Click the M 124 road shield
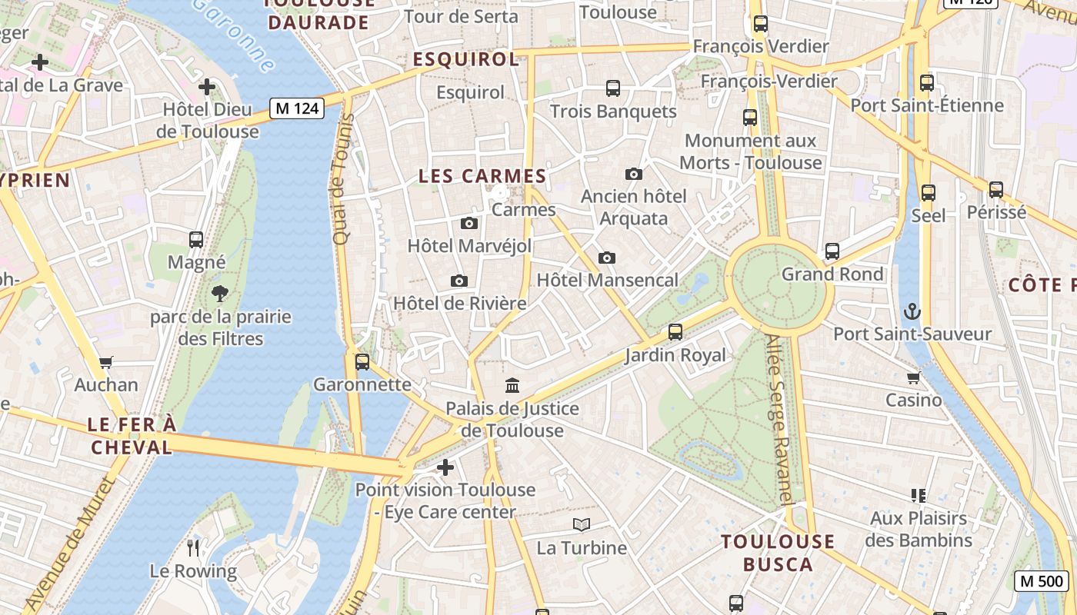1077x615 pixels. [x=296, y=108]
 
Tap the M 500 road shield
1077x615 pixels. [x=1042, y=581]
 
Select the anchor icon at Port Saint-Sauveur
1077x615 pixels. [x=912, y=311]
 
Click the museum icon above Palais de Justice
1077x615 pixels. [x=512, y=385]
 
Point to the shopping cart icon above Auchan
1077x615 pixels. [x=106, y=362]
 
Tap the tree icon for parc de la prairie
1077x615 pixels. [x=220, y=293]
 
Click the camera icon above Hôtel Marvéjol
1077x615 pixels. [x=468, y=224]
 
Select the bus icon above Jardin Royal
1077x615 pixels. [x=675, y=332]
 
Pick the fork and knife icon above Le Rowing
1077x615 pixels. [x=193, y=548]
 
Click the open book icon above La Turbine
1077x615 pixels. [x=582, y=525]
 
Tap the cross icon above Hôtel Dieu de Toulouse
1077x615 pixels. [x=206, y=87]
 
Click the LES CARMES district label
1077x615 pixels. [x=482, y=176]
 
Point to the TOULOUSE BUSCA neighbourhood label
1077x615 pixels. [x=778, y=553]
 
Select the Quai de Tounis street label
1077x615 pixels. [x=342, y=179]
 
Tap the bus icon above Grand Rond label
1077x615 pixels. [x=832, y=251]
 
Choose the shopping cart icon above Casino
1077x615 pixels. [x=913, y=377]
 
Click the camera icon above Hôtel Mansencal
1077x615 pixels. [x=606, y=258]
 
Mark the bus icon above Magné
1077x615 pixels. [x=196, y=240]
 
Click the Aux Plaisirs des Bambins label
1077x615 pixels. [x=918, y=529]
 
